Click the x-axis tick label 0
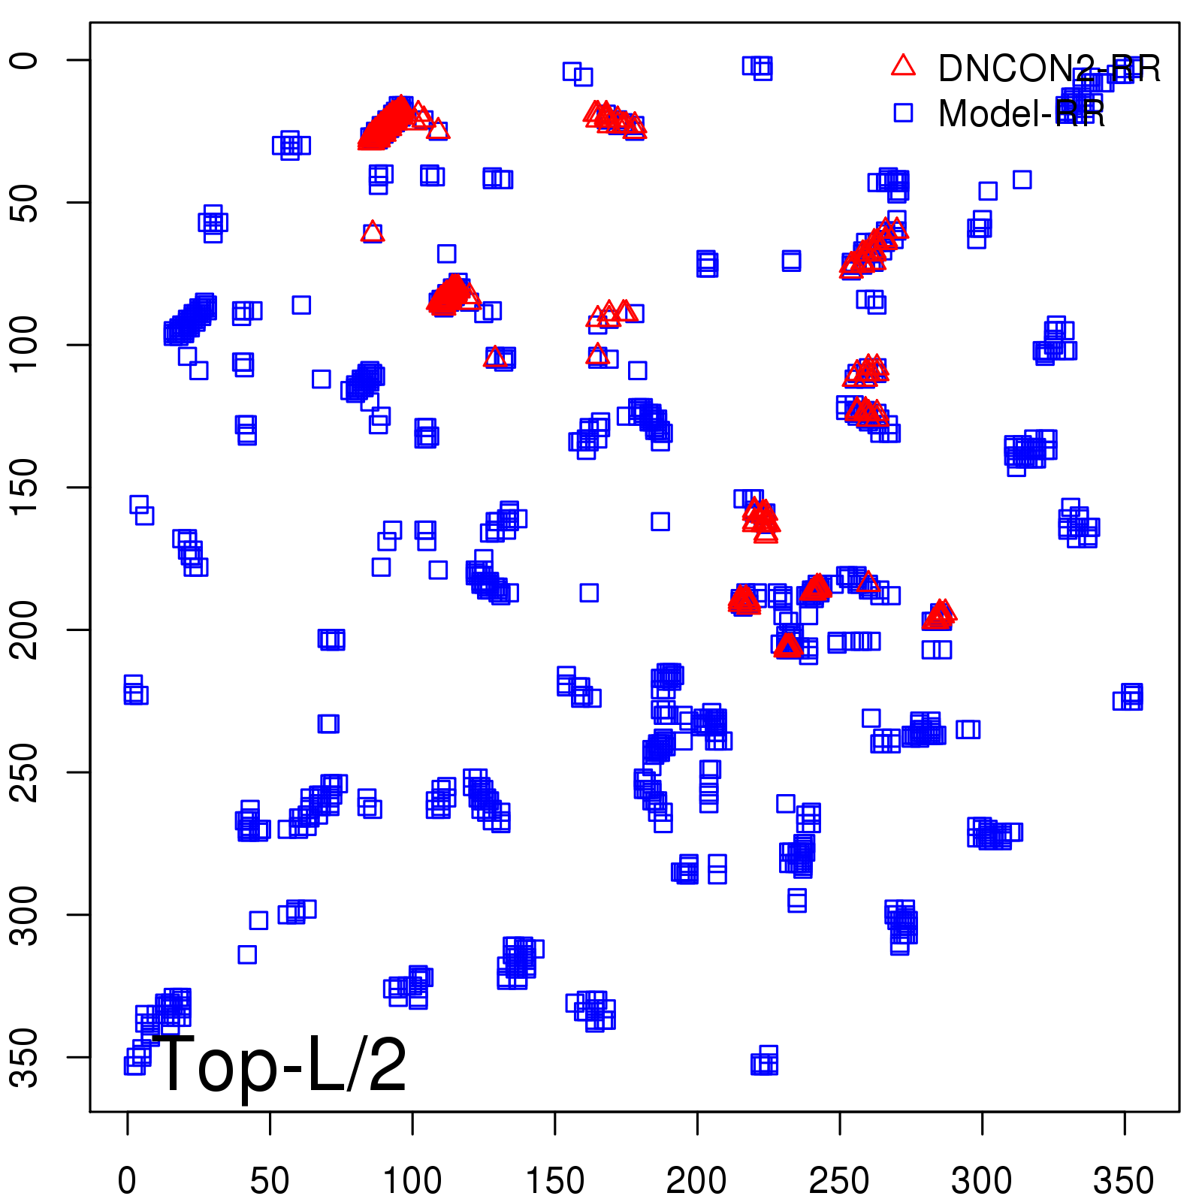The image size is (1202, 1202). pos(127,1180)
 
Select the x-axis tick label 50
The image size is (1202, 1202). pos(270,1180)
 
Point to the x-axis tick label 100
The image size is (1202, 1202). pos(412,1180)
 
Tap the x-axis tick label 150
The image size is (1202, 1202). pos(554,1180)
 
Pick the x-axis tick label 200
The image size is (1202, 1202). pos(696,1180)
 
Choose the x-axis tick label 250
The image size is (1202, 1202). pos(839,1180)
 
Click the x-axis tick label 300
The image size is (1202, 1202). pos(981,1180)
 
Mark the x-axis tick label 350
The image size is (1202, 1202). pos(1124,1180)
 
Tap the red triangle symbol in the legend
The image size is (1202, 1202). pos(903,66)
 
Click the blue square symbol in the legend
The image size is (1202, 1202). pos(903,113)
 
